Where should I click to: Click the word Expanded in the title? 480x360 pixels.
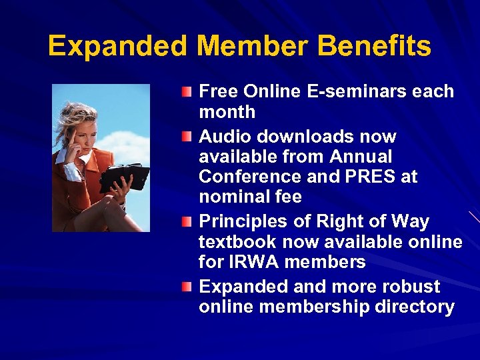click(118, 46)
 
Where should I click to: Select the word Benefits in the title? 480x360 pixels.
click(374, 46)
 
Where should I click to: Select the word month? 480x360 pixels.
click(227, 111)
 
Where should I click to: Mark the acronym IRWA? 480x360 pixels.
click(254, 261)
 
